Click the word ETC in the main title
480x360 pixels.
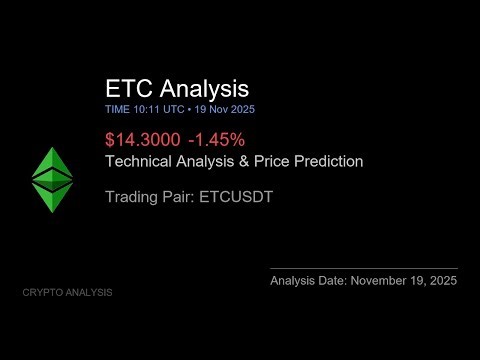point(129,88)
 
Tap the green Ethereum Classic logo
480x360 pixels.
point(46,180)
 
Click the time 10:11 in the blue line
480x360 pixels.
point(147,108)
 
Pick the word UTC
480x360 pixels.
point(176,108)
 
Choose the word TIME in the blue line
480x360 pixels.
point(117,108)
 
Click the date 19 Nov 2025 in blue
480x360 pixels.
point(231,108)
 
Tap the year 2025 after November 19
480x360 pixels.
point(441,281)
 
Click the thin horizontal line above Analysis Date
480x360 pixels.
point(364,268)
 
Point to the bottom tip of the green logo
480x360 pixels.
point(46,213)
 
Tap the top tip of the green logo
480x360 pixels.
point(46,147)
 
